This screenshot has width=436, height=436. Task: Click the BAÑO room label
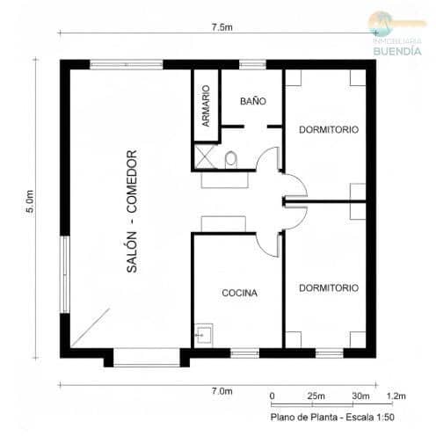pyautogui.click(x=251, y=102)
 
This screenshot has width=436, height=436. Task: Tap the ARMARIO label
pyautogui.click(x=205, y=106)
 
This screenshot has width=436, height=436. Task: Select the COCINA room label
pyautogui.click(x=239, y=293)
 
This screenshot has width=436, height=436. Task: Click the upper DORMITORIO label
pyautogui.click(x=328, y=129)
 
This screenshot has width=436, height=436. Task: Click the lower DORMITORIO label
pyautogui.click(x=328, y=287)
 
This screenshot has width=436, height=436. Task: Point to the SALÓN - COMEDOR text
pyautogui.click(x=133, y=211)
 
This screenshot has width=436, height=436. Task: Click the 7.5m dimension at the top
pyautogui.click(x=222, y=28)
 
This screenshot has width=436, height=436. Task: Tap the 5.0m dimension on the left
pyautogui.click(x=29, y=204)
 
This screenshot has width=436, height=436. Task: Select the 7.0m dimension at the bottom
pyautogui.click(x=222, y=390)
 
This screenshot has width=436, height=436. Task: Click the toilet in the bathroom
pyautogui.click(x=230, y=159)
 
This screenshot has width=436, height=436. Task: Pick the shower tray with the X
pyautogui.click(x=205, y=158)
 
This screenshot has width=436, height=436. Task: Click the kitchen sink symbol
pyautogui.click(x=203, y=335)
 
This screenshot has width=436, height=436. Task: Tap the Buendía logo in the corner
pyautogui.click(x=396, y=35)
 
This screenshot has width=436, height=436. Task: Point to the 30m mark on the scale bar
pyautogui.click(x=360, y=396)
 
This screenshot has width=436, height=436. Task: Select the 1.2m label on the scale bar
pyautogui.click(x=397, y=396)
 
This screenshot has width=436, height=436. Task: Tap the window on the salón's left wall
pyautogui.click(x=64, y=268)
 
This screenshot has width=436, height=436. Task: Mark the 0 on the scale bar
pyautogui.click(x=272, y=396)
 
